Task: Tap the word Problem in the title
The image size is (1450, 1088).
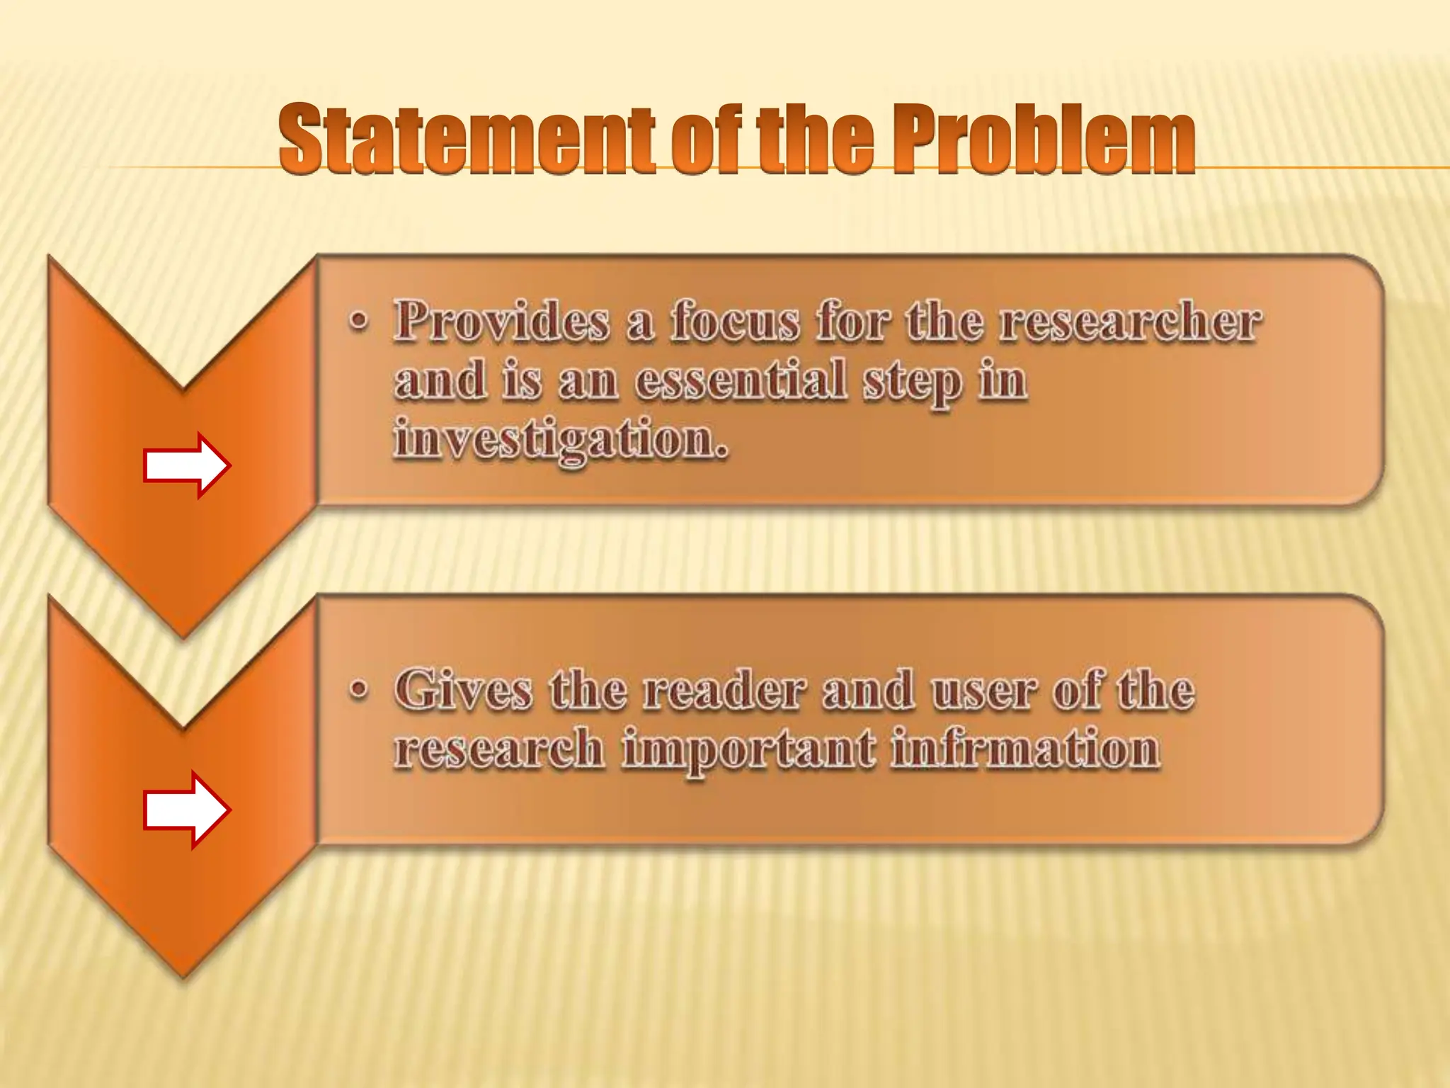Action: pos(1042,139)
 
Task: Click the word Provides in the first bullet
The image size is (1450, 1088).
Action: pos(502,321)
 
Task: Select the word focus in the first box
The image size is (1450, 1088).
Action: pos(736,321)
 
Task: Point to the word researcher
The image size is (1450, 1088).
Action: pos(1130,321)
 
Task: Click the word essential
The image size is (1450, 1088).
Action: pos(741,380)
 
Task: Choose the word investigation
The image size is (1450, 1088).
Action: pos(561,439)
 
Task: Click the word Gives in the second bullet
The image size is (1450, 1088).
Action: pos(463,689)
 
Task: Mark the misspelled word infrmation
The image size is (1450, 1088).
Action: pos(1025,749)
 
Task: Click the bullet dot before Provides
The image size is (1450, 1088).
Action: pos(359,322)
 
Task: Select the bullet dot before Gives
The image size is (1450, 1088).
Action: pos(359,689)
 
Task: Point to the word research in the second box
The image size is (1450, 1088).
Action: pos(498,749)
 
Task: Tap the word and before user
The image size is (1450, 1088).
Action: pos(867,689)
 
